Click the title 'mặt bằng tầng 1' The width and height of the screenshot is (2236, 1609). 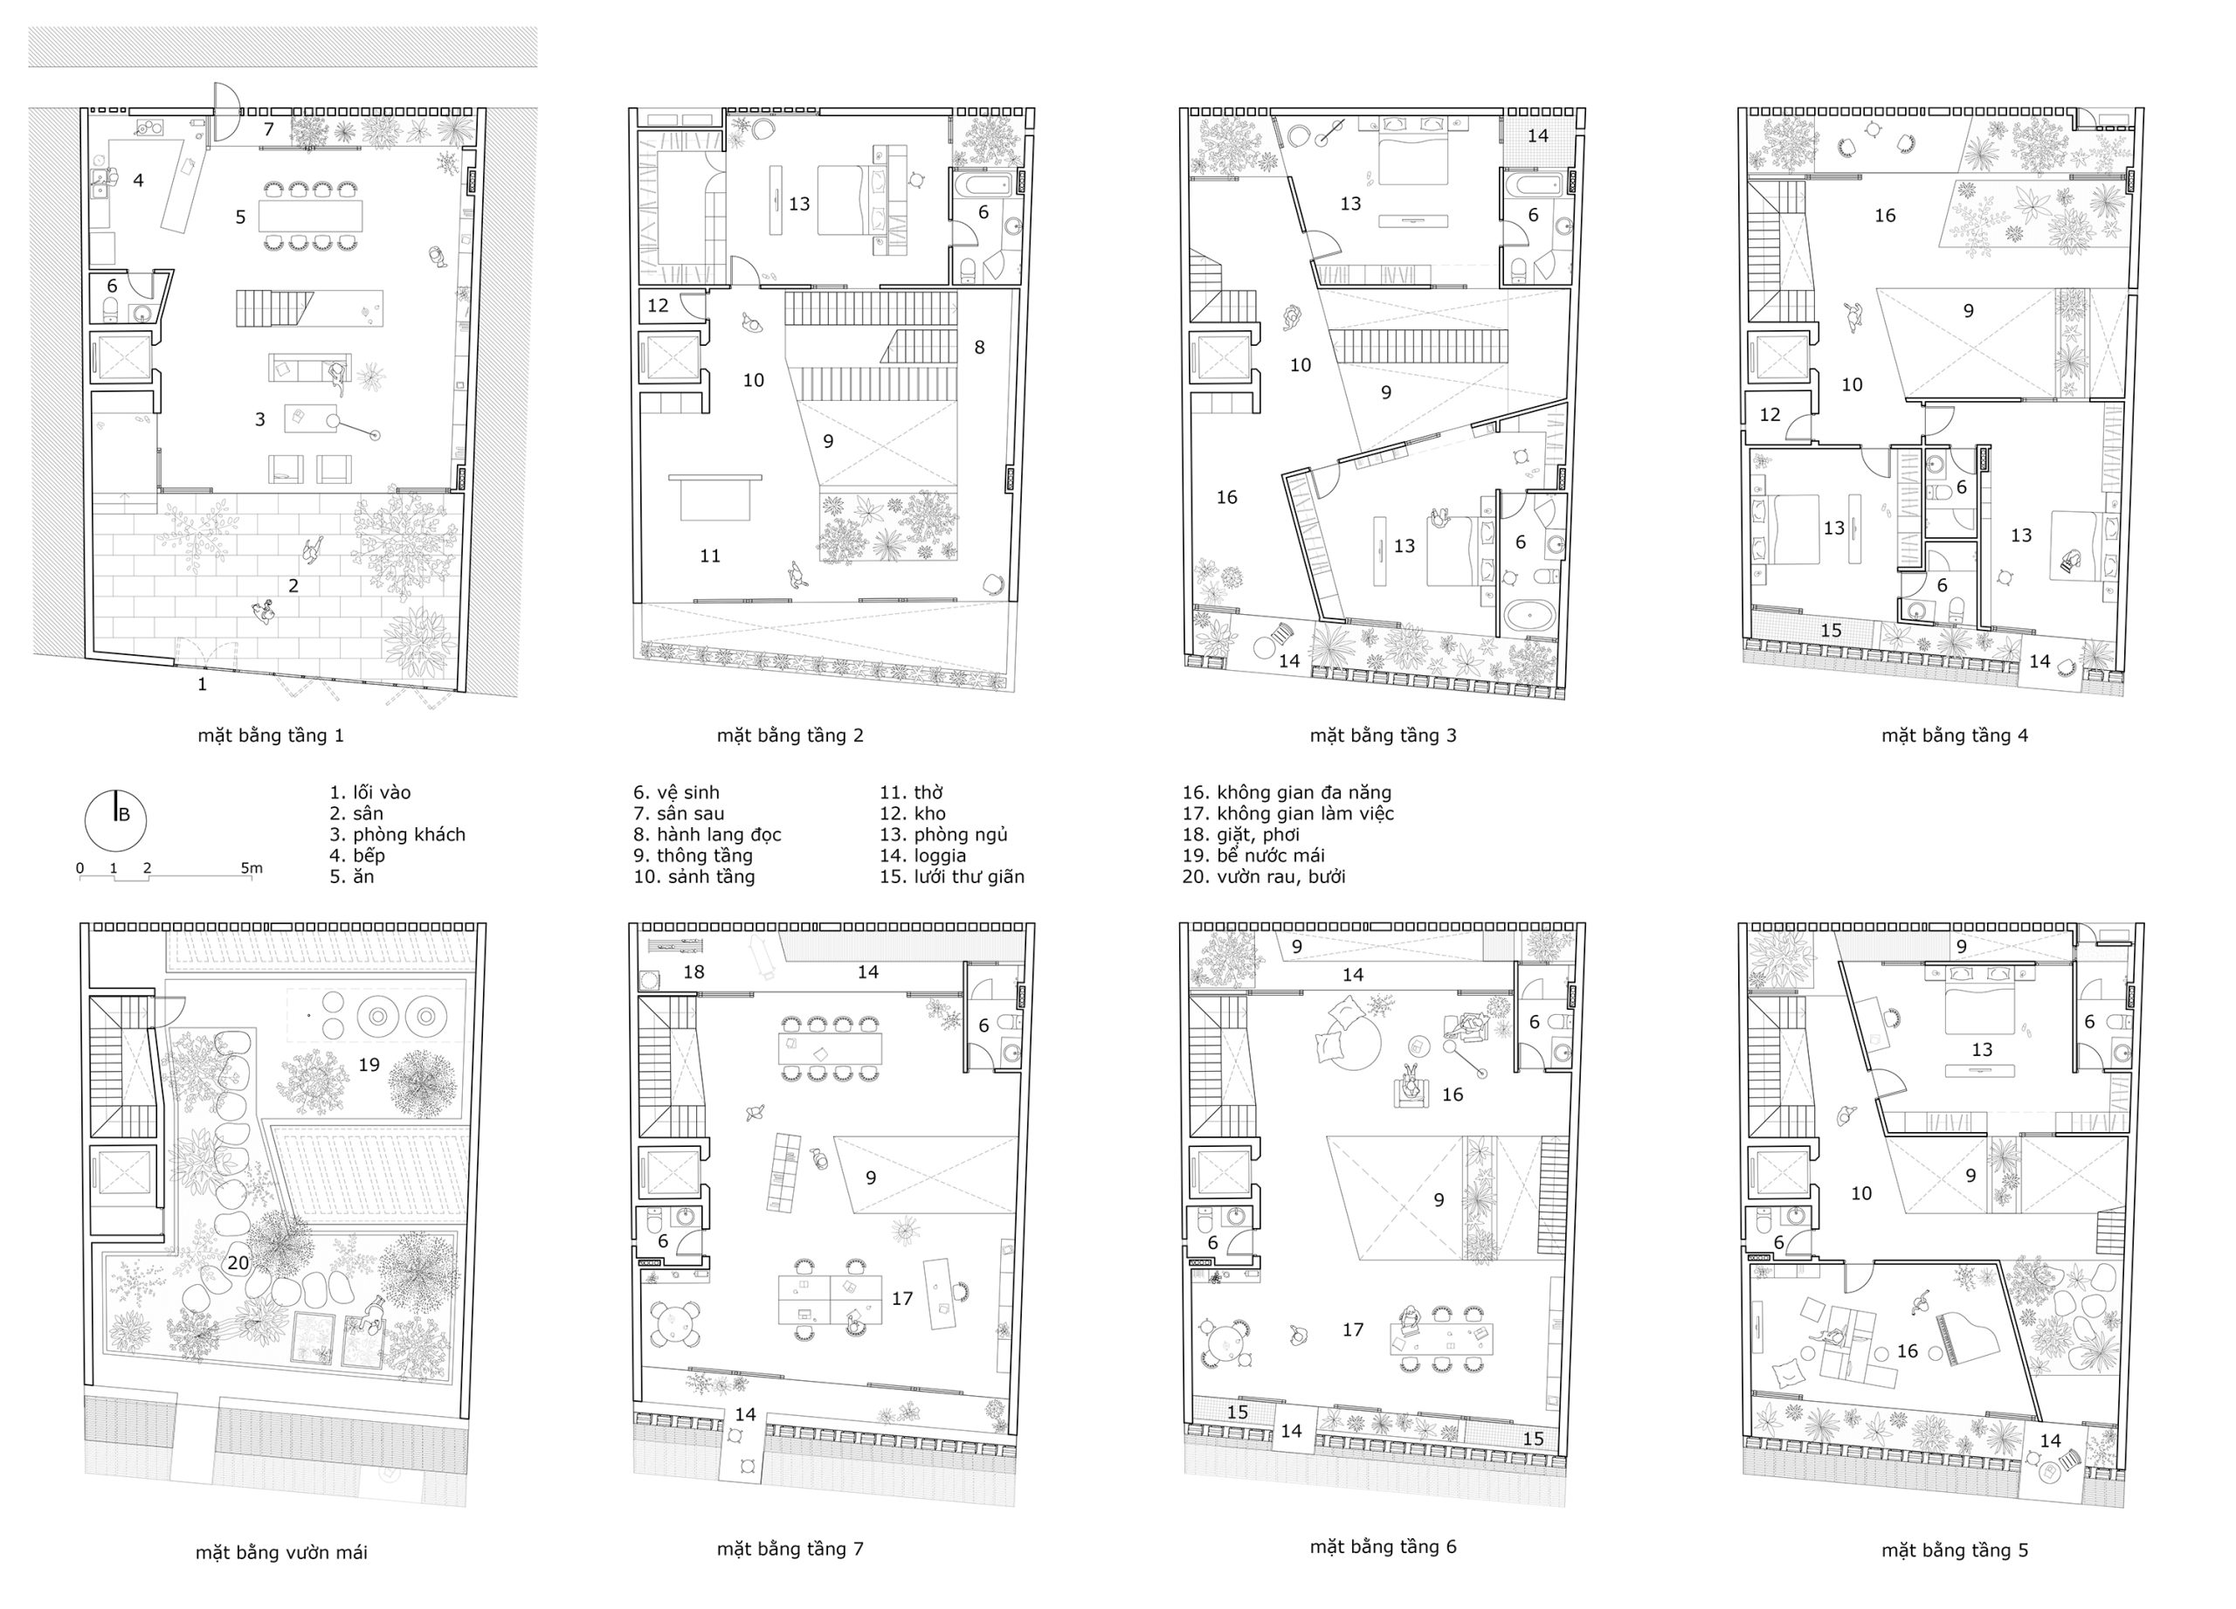(x=270, y=736)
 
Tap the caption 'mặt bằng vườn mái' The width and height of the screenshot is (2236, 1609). (x=281, y=1553)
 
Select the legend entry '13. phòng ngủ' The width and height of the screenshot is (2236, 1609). (x=943, y=835)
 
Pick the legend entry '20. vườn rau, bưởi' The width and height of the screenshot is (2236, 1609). (x=1264, y=876)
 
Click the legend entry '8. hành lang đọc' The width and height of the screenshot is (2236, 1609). (x=707, y=835)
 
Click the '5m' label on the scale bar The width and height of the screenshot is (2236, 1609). (x=252, y=868)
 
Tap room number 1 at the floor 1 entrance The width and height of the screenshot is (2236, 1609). (x=202, y=684)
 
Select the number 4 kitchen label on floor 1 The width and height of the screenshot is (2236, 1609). (x=138, y=181)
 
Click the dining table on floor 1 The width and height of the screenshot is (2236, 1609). (x=311, y=216)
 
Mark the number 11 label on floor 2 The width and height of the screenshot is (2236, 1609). (x=710, y=556)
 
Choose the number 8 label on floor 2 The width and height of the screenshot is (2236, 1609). (x=979, y=347)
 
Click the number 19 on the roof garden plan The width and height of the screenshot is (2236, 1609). (x=369, y=1065)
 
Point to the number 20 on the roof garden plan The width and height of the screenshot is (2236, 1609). (x=238, y=1262)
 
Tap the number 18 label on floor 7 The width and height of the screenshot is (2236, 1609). (x=694, y=972)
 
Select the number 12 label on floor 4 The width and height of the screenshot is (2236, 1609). (x=1770, y=415)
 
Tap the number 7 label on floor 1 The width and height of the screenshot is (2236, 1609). (x=269, y=129)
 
